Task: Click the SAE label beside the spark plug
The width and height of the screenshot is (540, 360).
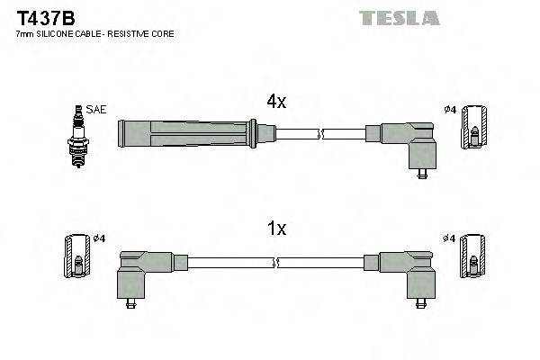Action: [97, 110]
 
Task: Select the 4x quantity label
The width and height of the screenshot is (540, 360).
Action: [275, 103]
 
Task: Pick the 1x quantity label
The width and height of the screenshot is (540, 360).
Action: [275, 229]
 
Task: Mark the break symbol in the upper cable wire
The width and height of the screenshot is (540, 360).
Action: [319, 135]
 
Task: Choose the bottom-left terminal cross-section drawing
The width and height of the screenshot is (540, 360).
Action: [77, 256]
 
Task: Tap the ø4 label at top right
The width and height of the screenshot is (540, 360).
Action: [451, 110]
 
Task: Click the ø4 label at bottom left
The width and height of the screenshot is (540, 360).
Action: [100, 238]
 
